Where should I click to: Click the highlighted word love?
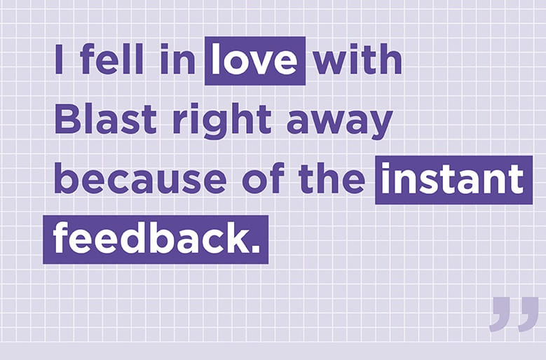pyautogui.click(x=254, y=59)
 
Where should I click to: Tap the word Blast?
pyautogui.click(x=106, y=118)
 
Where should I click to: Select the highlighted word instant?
pyautogui.click(x=452, y=179)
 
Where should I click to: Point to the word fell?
pyautogui.click(x=111, y=58)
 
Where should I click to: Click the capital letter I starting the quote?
pyautogui.click(x=59, y=59)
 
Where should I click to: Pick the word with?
pyautogui.click(x=357, y=58)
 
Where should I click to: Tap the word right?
pyautogui.click(x=221, y=122)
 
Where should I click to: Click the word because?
pyautogui.click(x=140, y=179)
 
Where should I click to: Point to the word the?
pyautogui.click(x=332, y=179)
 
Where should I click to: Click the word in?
pyautogui.click(x=177, y=58)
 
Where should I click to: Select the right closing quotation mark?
pyautogui.click(x=528, y=314)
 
